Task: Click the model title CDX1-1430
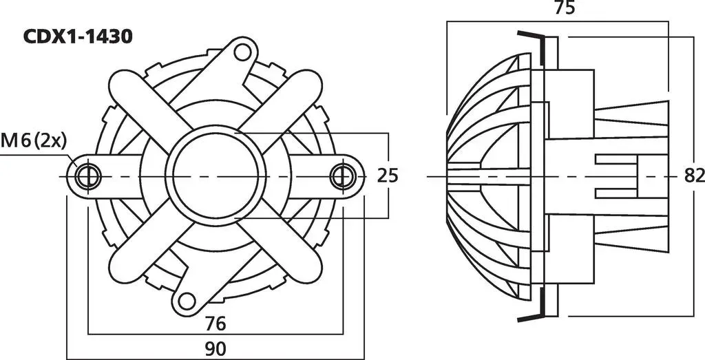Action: point(77,37)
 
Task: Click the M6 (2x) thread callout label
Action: point(34,141)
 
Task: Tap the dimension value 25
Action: point(387,176)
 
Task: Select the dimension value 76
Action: point(215,323)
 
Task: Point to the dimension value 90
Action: point(215,348)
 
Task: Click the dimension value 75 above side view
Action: point(565,8)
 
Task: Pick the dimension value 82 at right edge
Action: point(694,176)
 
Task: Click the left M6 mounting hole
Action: point(88,176)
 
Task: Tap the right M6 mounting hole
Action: point(343,176)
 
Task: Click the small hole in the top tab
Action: point(243,52)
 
